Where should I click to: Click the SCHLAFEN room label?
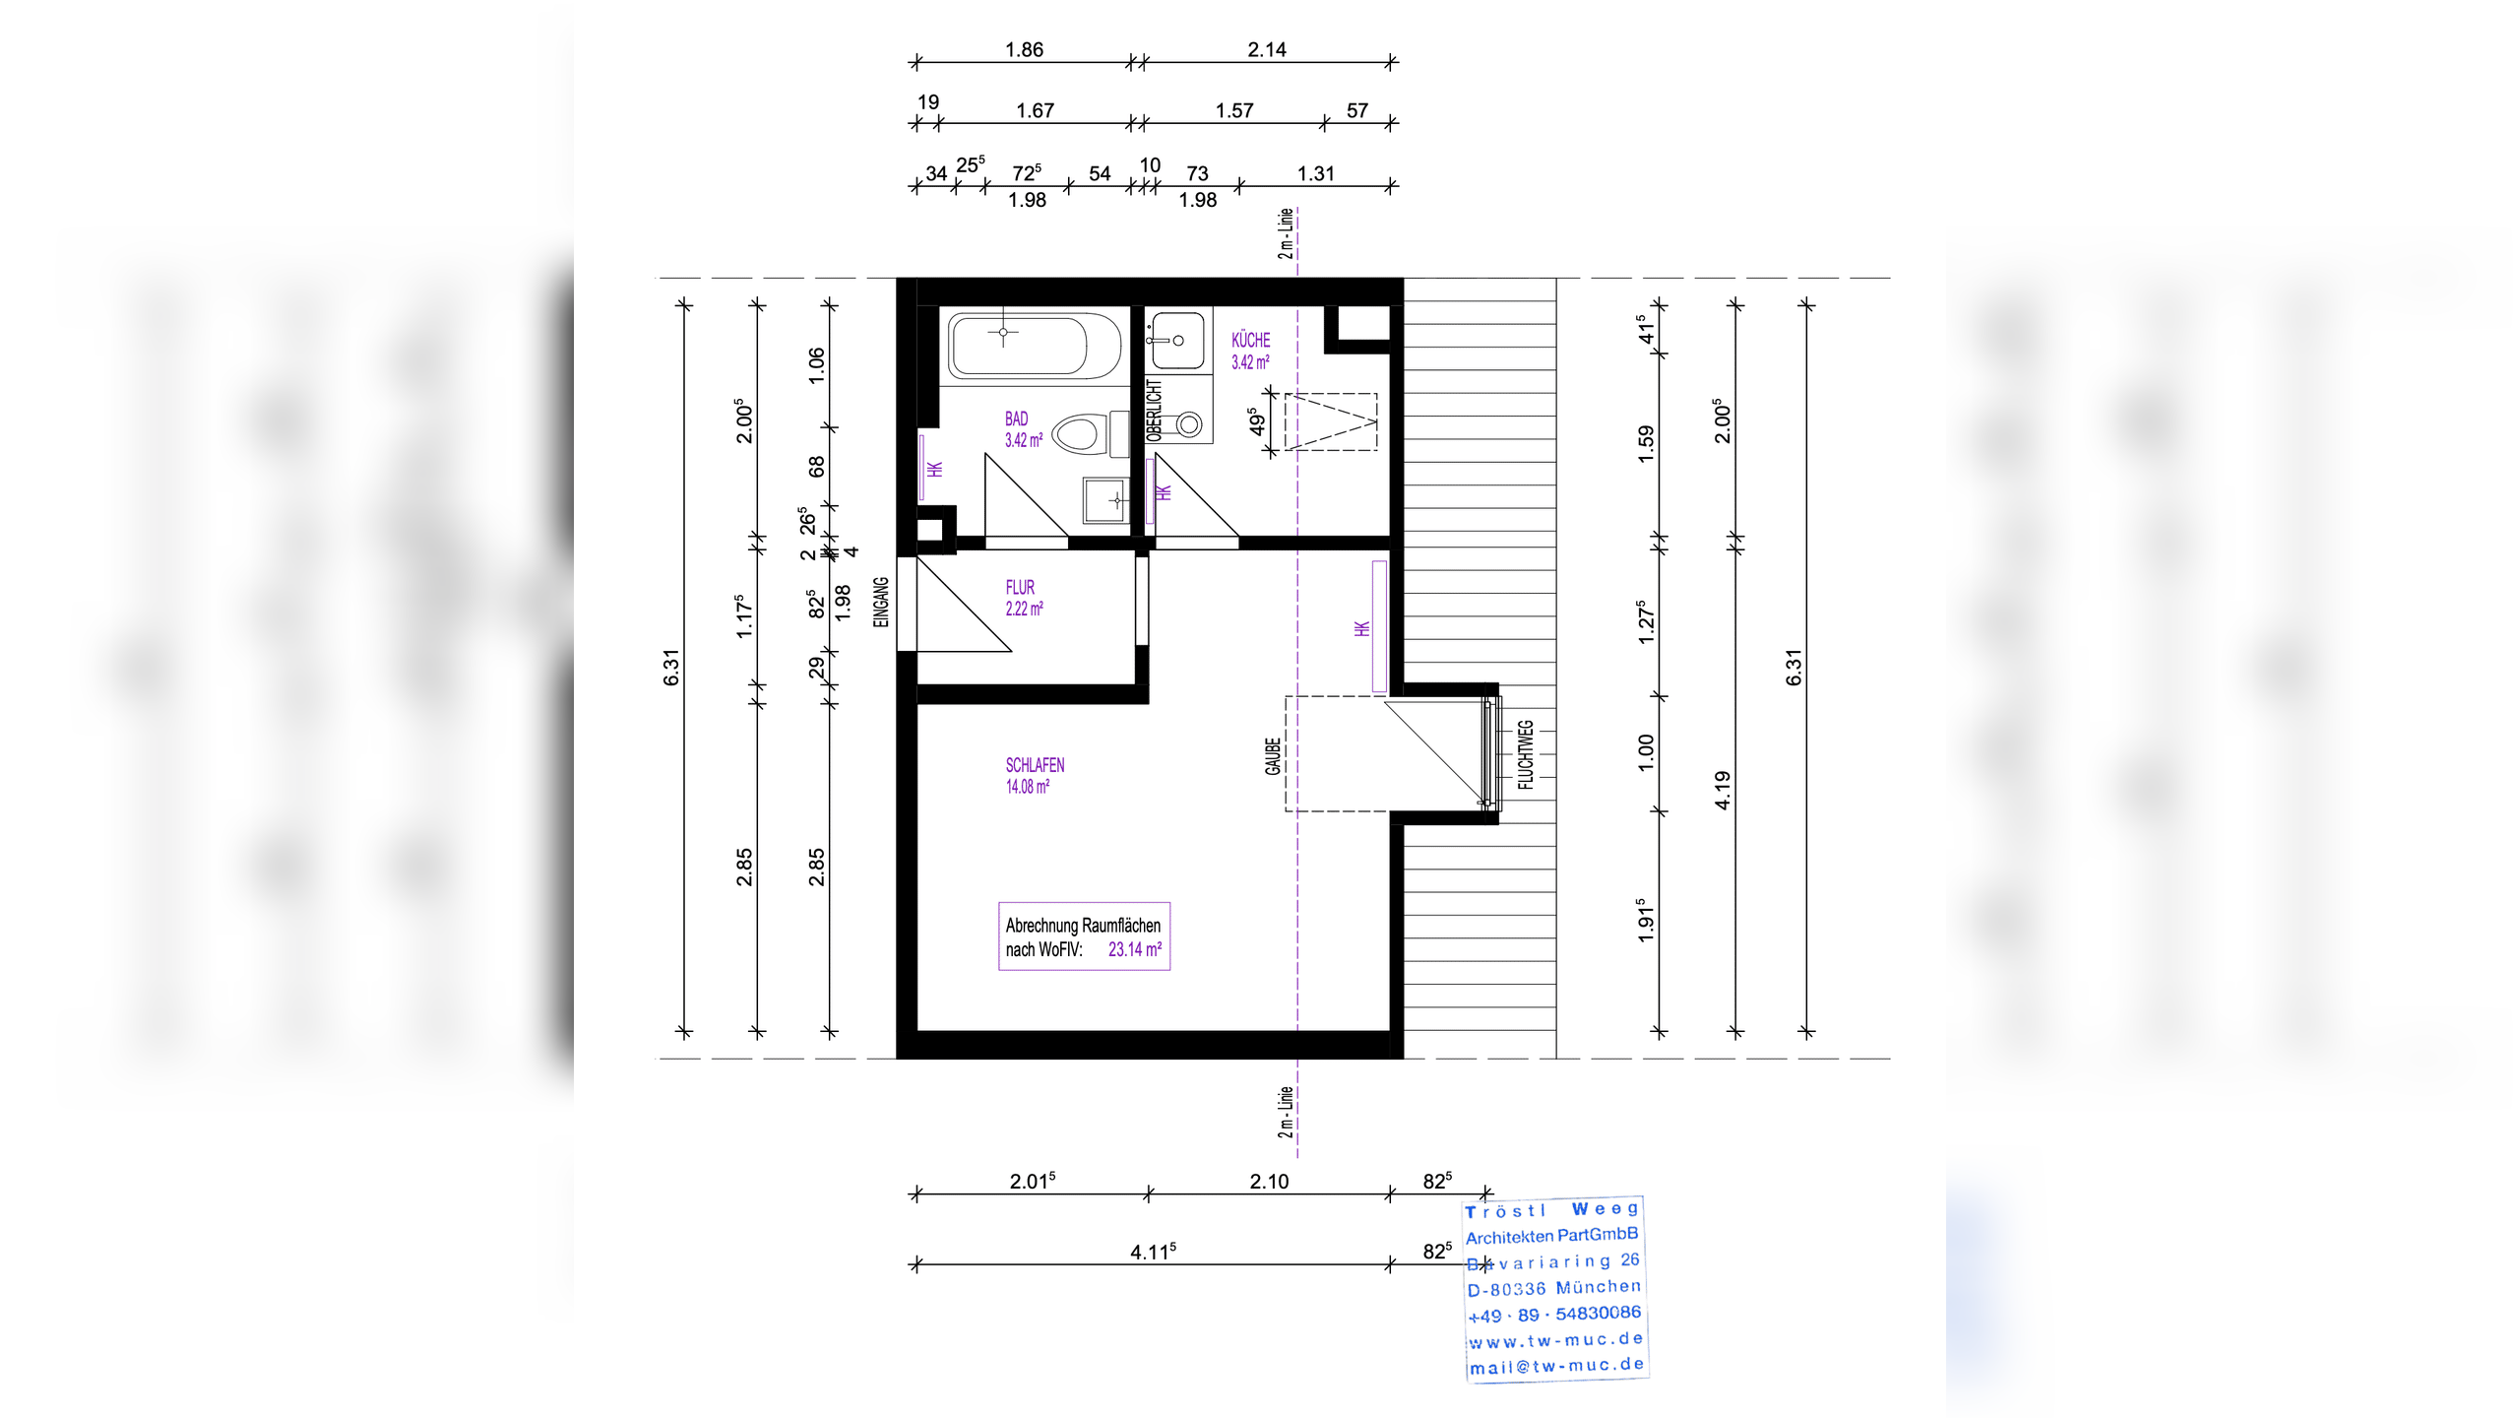[1035, 765]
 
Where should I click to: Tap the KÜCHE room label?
[1250, 340]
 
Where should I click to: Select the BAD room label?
[1016, 419]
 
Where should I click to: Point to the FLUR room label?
[1020, 587]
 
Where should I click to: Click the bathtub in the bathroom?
[1035, 345]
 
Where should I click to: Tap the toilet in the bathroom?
[1090, 434]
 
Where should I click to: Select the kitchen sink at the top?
[1177, 341]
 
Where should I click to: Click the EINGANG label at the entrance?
[881, 602]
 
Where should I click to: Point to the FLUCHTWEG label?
[1525, 755]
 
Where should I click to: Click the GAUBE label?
[1273, 756]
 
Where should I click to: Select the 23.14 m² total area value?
[1135, 949]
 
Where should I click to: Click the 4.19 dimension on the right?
[1722, 790]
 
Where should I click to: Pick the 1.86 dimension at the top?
[1024, 49]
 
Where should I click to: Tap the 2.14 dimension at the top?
[1267, 49]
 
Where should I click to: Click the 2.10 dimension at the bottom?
[1269, 1182]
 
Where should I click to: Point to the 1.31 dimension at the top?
[1316, 174]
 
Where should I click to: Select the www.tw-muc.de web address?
[1556, 1340]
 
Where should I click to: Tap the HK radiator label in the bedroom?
[1362, 628]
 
